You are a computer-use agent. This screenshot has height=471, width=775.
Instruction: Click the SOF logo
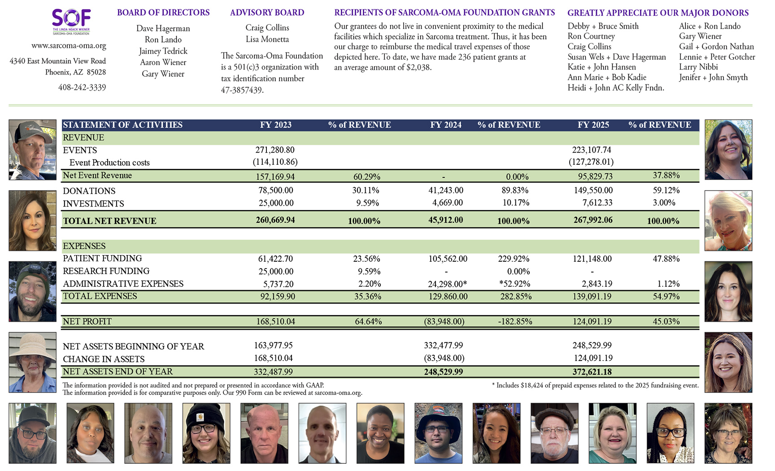[x=71, y=21]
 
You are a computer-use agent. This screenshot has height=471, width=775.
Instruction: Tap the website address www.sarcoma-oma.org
[x=69, y=46]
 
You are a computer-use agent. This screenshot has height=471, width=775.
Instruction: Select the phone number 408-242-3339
[x=82, y=88]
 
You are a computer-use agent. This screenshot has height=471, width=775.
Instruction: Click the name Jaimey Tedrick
[x=163, y=51]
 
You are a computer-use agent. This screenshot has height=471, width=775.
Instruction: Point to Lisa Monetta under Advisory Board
[x=267, y=40]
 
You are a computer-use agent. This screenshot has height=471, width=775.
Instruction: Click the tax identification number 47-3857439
[x=242, y=90]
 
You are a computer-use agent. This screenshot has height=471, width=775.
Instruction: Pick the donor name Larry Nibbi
[x=698, y=67]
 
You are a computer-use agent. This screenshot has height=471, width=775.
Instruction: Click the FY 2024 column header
[x=445, y=125]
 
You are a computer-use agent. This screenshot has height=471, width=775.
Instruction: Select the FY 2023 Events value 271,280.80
[x=275, y=150]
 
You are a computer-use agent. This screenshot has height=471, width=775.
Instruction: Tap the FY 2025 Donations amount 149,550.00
[x=592, y=190]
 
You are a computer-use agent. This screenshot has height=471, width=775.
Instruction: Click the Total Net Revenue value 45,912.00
[x=445, y=220]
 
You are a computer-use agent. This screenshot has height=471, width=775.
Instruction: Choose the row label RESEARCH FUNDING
[x=106, y=271]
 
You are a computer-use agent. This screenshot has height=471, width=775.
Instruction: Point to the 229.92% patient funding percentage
[x=514, y=259]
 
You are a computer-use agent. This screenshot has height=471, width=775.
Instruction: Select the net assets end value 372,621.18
[x=592, y=372]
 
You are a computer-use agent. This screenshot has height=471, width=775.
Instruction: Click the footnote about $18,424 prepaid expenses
[x=595, y=385]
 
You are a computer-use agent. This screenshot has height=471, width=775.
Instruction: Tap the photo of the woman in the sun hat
[x=32, y=362]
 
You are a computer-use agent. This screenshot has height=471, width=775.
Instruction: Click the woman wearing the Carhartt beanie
[x=206, y=433]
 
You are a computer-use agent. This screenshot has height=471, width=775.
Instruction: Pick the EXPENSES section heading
[x=84, y=246]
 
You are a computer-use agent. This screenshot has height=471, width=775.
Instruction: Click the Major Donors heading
[x=657, y=13]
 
